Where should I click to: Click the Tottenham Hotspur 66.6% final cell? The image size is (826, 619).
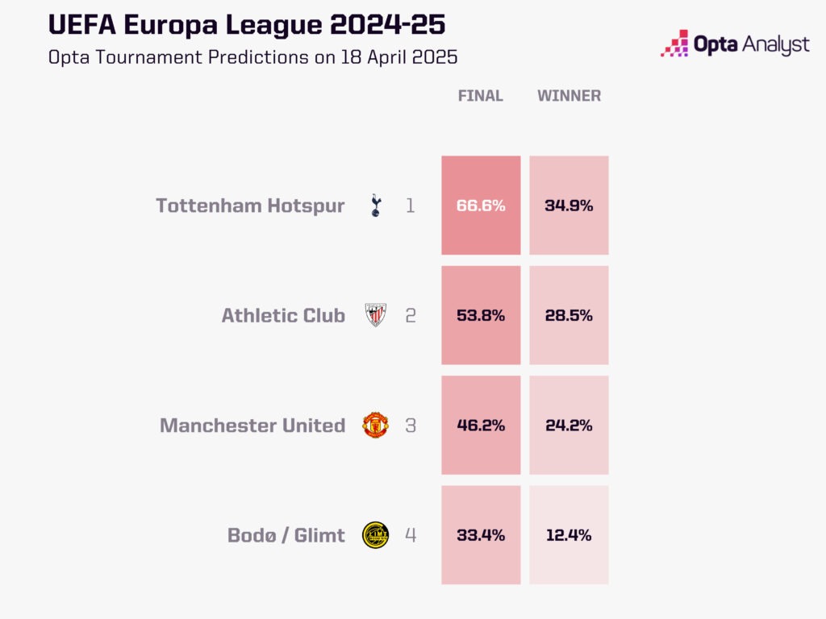point(481,206)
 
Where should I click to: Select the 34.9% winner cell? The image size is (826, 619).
point(569,206)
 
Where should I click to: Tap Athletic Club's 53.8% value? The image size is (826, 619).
point(481,315)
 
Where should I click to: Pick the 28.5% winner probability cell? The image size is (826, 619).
point(569,315)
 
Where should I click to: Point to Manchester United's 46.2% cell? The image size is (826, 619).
point(481,425)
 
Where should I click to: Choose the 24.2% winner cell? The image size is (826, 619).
point(569,425)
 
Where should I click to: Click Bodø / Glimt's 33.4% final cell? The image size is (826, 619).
point(481,534)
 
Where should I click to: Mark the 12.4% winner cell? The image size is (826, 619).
point(569,534)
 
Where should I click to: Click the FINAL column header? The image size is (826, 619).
point(480,96)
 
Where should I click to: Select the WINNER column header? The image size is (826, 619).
point(569,96)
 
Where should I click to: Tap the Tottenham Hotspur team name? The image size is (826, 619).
point(250,206)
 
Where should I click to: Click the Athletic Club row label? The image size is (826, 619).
point(283,315)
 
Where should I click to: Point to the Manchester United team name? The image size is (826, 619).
point(252,425)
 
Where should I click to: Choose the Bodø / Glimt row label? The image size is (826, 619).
point(286,534)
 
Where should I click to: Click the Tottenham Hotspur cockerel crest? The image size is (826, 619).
point(375,206)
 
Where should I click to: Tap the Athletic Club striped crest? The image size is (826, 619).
point(375,315)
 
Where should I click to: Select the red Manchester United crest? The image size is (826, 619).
point(375,425)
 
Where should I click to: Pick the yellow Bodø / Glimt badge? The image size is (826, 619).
point(375,534)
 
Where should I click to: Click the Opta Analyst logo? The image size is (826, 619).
point(734,44)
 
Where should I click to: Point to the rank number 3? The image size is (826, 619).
point(411,425)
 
